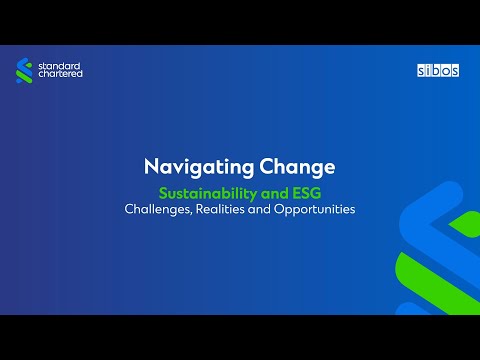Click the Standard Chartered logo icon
tap(25, 71)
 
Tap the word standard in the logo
tap(60, 66)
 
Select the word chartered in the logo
tap(61, 76)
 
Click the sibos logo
tap(436, 70)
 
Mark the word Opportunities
tap(325, 210)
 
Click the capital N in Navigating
tap(151, 167)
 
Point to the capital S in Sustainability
tap(165, 193)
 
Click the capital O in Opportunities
tap(298, 210)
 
